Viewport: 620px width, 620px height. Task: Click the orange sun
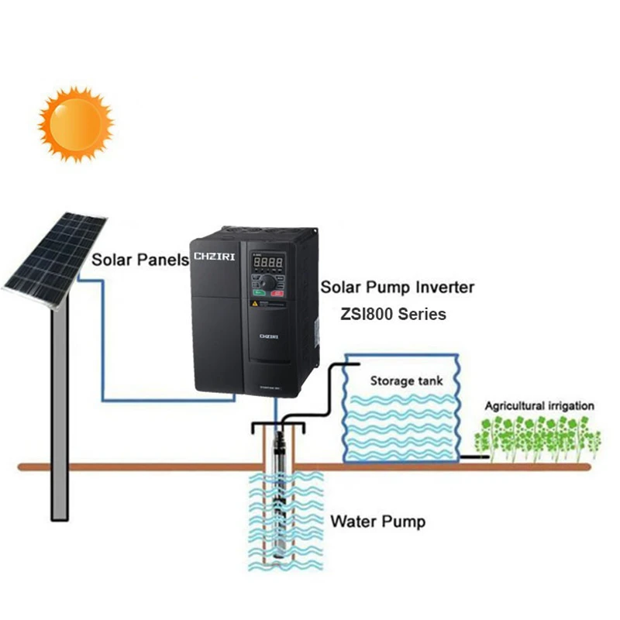(x=75, y=124)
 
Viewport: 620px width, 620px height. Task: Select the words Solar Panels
(x=140, y=260)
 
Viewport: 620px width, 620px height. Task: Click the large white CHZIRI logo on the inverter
(x=214, y=257)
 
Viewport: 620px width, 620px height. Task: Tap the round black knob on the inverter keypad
(x=269, y=282)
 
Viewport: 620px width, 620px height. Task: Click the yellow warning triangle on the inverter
(x=253, y=304)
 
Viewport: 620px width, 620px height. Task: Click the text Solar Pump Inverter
(x=398, y=288)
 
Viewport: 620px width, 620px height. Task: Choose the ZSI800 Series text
(x=393, y=315)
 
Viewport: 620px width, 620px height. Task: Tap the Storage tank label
(x=401, y=381)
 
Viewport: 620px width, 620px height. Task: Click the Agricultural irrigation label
(x=539, y=405)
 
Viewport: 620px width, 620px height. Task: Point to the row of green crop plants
(x=538, y=437)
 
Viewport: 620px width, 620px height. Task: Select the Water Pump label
(x=377, y=521)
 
